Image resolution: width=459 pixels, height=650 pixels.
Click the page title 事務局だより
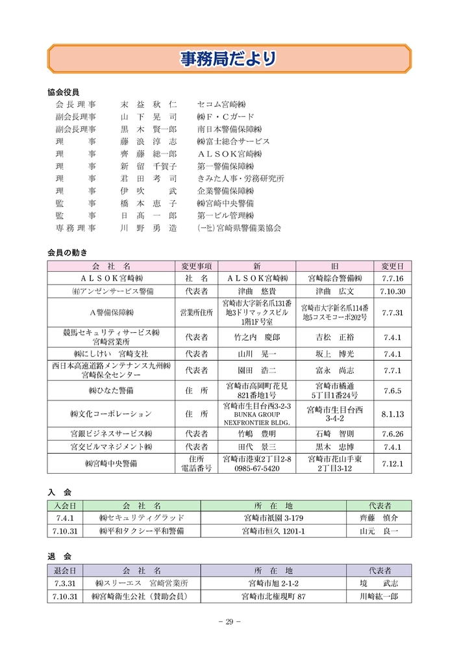(229, 59)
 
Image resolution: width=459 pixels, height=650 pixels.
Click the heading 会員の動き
(67, 252)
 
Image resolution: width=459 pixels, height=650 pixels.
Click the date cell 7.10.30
(392, 291)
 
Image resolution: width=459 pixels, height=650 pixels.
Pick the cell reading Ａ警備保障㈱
(110, 313)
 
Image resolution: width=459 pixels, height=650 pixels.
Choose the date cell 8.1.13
(392, 413)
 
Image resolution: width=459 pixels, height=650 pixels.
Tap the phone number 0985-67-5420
(256, 469)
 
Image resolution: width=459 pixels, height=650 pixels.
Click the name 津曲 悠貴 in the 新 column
(256, 291)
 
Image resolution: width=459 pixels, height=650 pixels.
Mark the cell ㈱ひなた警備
(110, 391)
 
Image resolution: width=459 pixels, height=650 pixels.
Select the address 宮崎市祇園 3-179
(273, 518)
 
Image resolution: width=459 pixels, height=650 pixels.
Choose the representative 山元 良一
(378, 531)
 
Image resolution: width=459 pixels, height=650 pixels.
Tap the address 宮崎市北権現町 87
(273, 596)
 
